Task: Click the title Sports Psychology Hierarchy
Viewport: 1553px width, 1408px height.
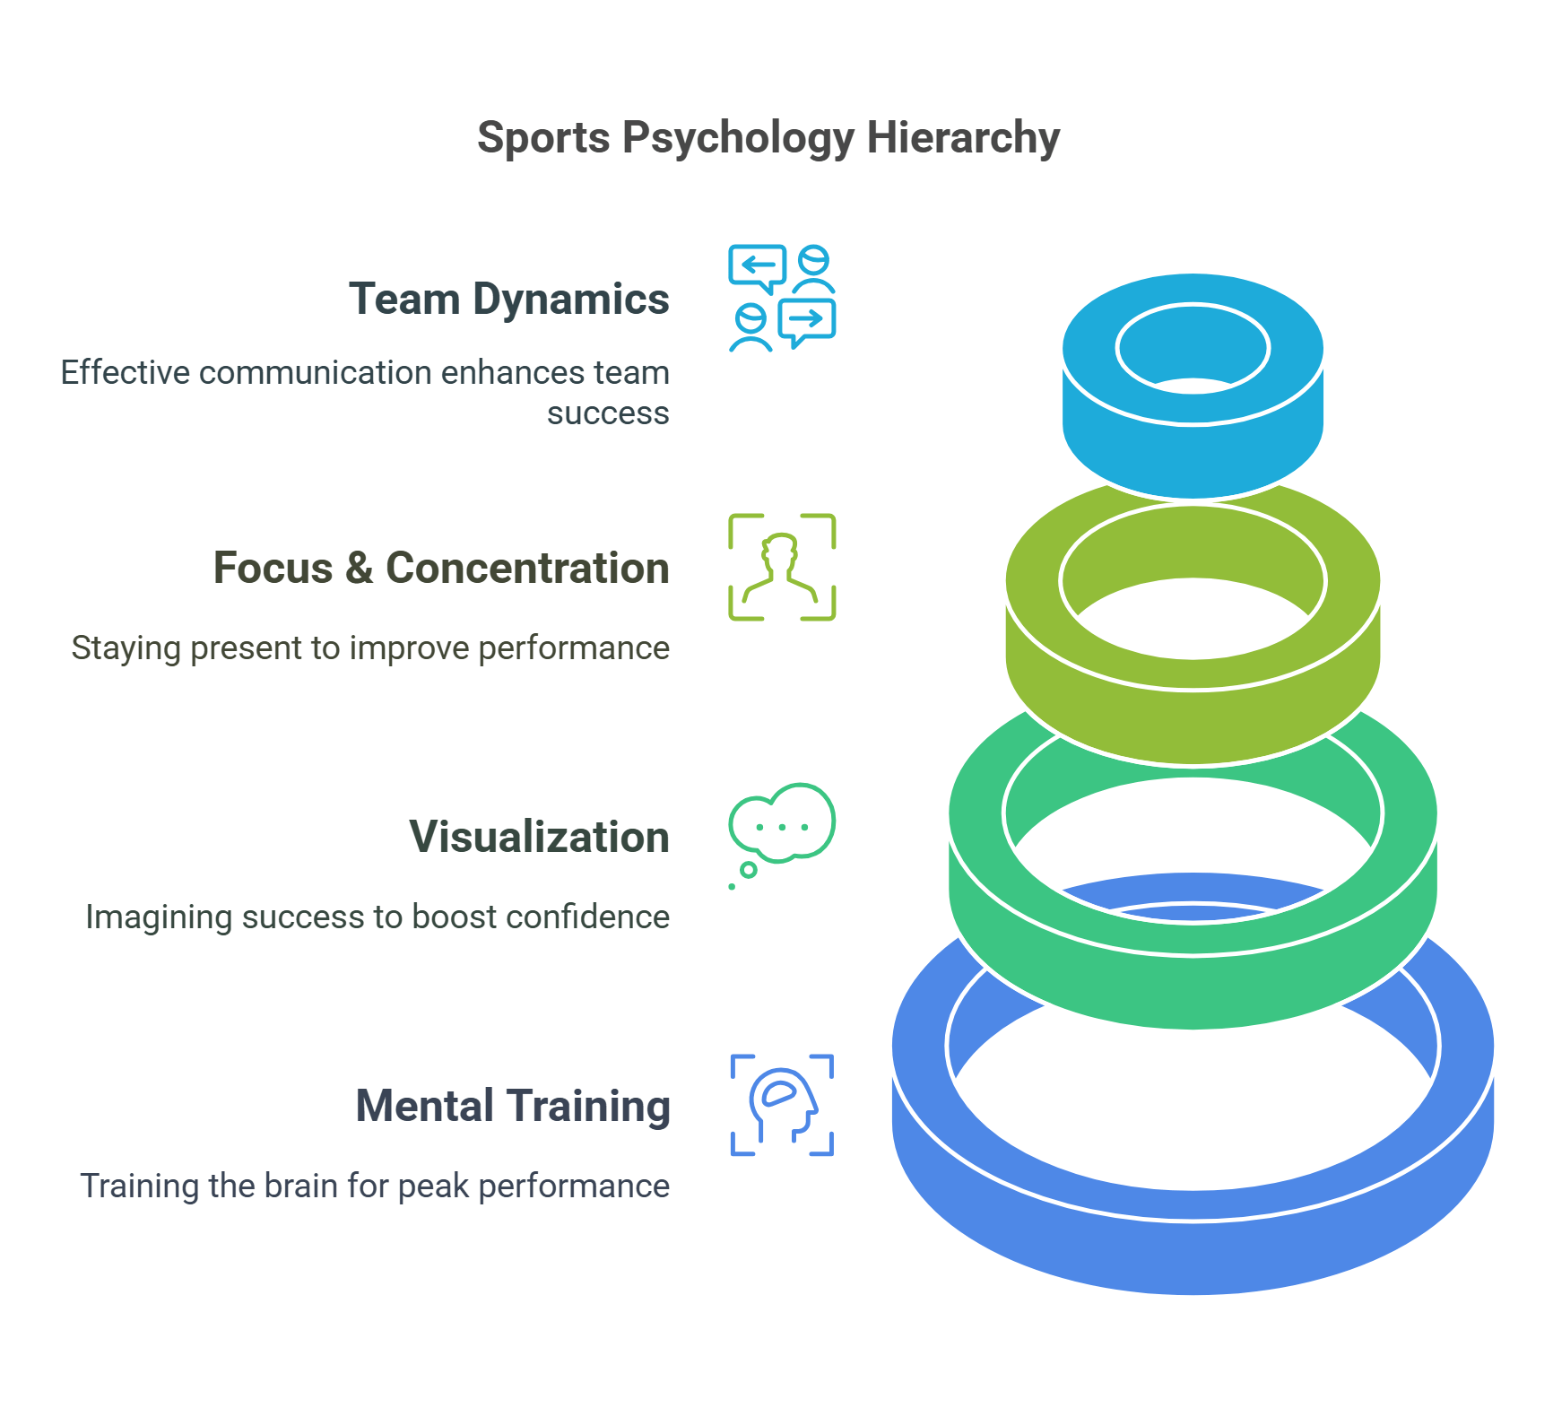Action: [768, 138]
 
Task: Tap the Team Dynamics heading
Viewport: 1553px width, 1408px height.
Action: [508, 300]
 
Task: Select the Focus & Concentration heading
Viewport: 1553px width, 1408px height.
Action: [441, 569]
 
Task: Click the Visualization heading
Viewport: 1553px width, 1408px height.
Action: [539, 838]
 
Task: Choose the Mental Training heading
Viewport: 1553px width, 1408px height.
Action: [513, 1107]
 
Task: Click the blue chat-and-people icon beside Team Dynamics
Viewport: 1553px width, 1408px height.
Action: [782, 298]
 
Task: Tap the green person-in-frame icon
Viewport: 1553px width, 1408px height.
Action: [782, 567]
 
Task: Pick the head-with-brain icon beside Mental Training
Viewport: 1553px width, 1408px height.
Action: [782, 1105]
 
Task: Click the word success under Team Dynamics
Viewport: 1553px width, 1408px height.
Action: [608, 413]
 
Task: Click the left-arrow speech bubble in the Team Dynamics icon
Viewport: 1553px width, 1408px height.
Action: [758, 266]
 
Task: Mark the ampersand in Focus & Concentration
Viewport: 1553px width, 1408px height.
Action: [359, 569]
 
